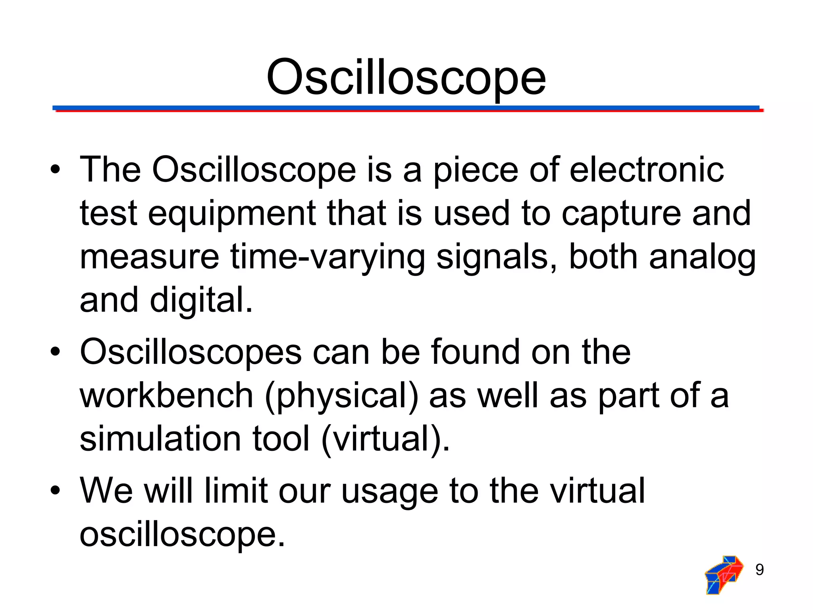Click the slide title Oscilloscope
coord(406,77)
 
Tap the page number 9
coord(759,570)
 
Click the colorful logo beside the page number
coord(724,575)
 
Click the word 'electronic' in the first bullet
coord(647,170)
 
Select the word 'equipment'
coord(232,214)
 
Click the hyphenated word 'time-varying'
coord(328,257)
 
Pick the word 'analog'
coord(702,257)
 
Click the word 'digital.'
coord(201,300)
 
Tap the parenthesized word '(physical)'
coord(341,396)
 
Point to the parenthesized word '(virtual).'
coord(385,439)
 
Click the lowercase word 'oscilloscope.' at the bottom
coord(182,535)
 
